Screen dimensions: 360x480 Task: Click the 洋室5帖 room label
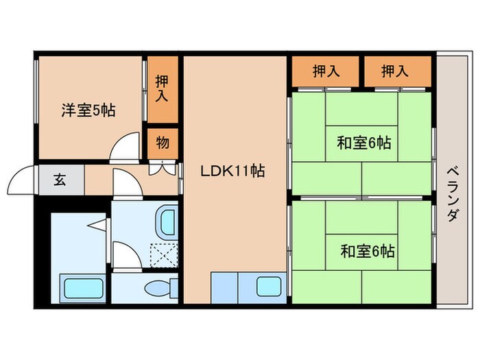coord(88,110)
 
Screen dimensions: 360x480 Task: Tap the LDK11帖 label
coord(232,171)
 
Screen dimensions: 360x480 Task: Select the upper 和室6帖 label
coord(363,144)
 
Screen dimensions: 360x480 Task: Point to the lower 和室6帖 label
coord(367,251)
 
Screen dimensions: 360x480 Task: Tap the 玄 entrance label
coord(60,181)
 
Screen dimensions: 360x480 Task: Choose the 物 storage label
coord(163,143)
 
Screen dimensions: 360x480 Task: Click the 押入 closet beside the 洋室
coord(162,87)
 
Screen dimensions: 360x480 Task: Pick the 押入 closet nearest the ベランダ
coord(396,71)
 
